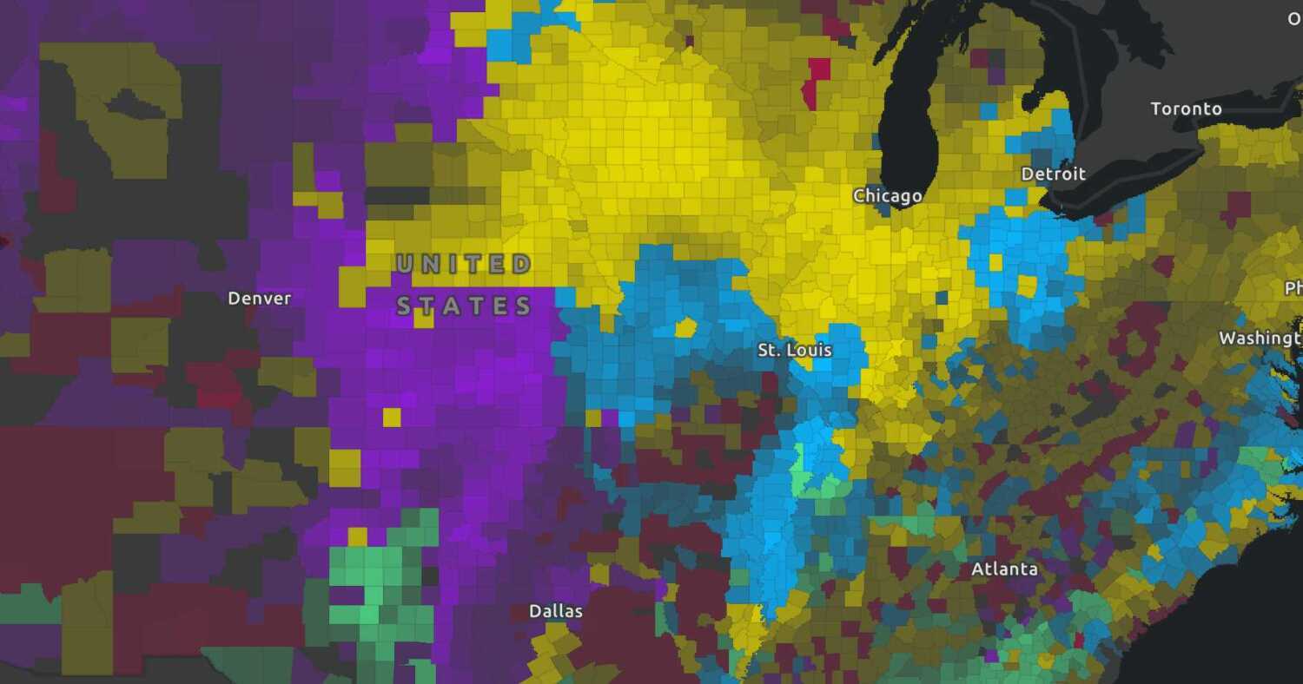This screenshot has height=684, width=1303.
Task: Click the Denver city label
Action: point(259,299)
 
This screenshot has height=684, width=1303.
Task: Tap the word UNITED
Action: point(463,264)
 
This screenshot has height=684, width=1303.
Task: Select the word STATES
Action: point(464,306)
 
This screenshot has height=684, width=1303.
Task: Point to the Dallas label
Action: point(555,611)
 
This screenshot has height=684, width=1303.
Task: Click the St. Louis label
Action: point(794,350)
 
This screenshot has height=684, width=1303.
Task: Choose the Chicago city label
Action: point(887,196)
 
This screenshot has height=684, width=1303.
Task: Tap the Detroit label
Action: point(1053,174)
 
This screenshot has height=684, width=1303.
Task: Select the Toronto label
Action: point(1186,109)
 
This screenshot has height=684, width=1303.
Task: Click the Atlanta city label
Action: point(1004,569)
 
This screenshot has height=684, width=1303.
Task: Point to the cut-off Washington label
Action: point(1260,339)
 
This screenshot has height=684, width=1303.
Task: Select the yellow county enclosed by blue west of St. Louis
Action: point(685,328)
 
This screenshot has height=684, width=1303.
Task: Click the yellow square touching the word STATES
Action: point(424,318)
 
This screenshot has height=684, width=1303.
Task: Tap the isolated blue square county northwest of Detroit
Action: point(988,111)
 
